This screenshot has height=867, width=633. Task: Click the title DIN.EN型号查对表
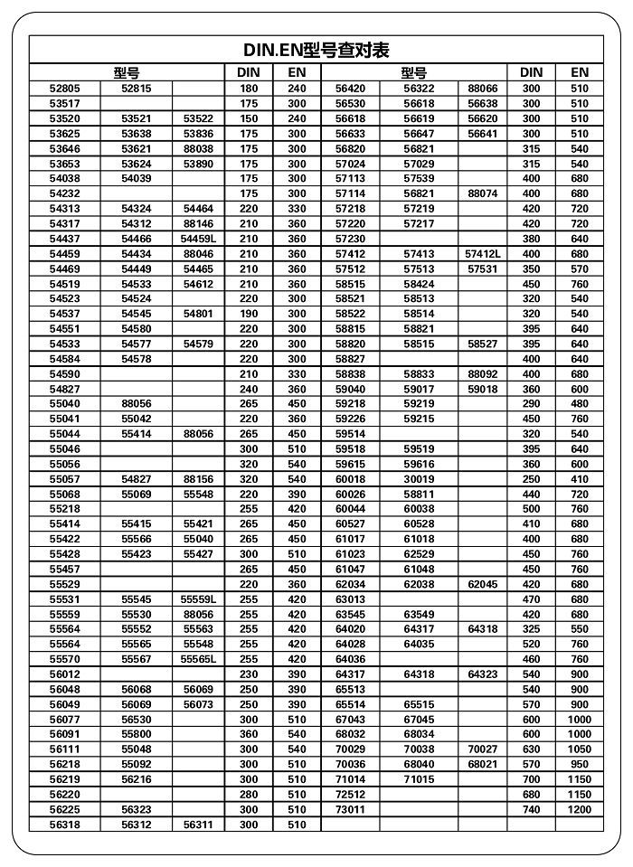coord(316,50)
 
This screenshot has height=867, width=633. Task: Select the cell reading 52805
coord(64,89)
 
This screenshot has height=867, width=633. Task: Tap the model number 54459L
coord(198,239)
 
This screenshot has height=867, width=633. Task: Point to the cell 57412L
coord(482,254)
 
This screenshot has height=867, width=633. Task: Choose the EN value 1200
coord(580,810)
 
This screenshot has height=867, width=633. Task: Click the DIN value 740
coord(531,810)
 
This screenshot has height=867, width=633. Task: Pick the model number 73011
coord(350,810)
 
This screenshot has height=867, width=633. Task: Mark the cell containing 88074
coord(482,193)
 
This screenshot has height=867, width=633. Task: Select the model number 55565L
coord(198,659)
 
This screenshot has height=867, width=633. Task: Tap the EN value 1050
coord(580,749)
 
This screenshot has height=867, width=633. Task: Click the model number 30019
coord(419,479)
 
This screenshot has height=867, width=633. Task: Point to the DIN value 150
coord(249,118)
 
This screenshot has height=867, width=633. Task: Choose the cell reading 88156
coord(198,479)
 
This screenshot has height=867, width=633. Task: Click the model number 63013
coord(350,599)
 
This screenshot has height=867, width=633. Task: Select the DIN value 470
coord(531,599)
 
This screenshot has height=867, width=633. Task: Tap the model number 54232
coord(64,193)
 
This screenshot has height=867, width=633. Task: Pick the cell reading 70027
coord(482,749)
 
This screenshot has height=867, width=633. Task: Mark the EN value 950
coord(580,765)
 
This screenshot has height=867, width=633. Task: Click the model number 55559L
coord(198,599)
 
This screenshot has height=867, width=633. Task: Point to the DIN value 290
coord(531,404)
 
